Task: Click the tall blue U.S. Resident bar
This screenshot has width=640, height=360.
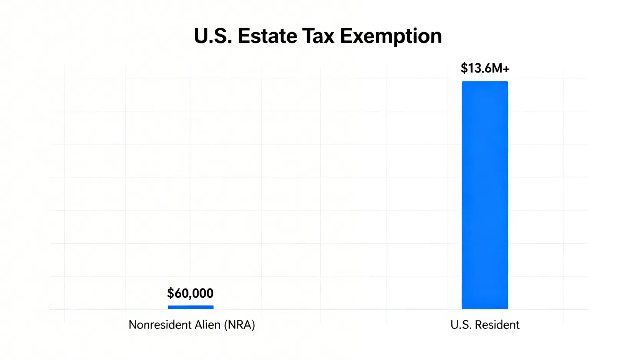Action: [485, 195]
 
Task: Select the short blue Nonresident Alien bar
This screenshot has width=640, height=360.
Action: [191, 307]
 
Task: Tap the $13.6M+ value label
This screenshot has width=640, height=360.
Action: [485, 68]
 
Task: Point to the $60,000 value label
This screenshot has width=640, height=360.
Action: [190, 293]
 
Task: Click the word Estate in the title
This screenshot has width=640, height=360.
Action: [267, 36]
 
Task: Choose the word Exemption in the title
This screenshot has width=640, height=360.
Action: [391, 37]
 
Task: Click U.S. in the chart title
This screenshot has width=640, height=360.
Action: [213, 36]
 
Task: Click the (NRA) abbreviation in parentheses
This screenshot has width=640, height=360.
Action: [239, 325]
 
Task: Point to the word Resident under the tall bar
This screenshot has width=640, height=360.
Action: [497, 325]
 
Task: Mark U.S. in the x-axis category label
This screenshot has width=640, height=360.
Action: [460, 325]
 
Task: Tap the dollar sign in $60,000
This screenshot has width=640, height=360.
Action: [171, 293]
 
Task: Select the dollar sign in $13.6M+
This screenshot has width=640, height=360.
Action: [464, 68]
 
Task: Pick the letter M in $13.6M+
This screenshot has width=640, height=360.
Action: [497, 68]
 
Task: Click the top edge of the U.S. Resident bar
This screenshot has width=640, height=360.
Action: [485, 82]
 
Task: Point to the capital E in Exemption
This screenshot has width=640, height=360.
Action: [345, 36]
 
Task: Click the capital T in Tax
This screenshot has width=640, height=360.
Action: [308, 36]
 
